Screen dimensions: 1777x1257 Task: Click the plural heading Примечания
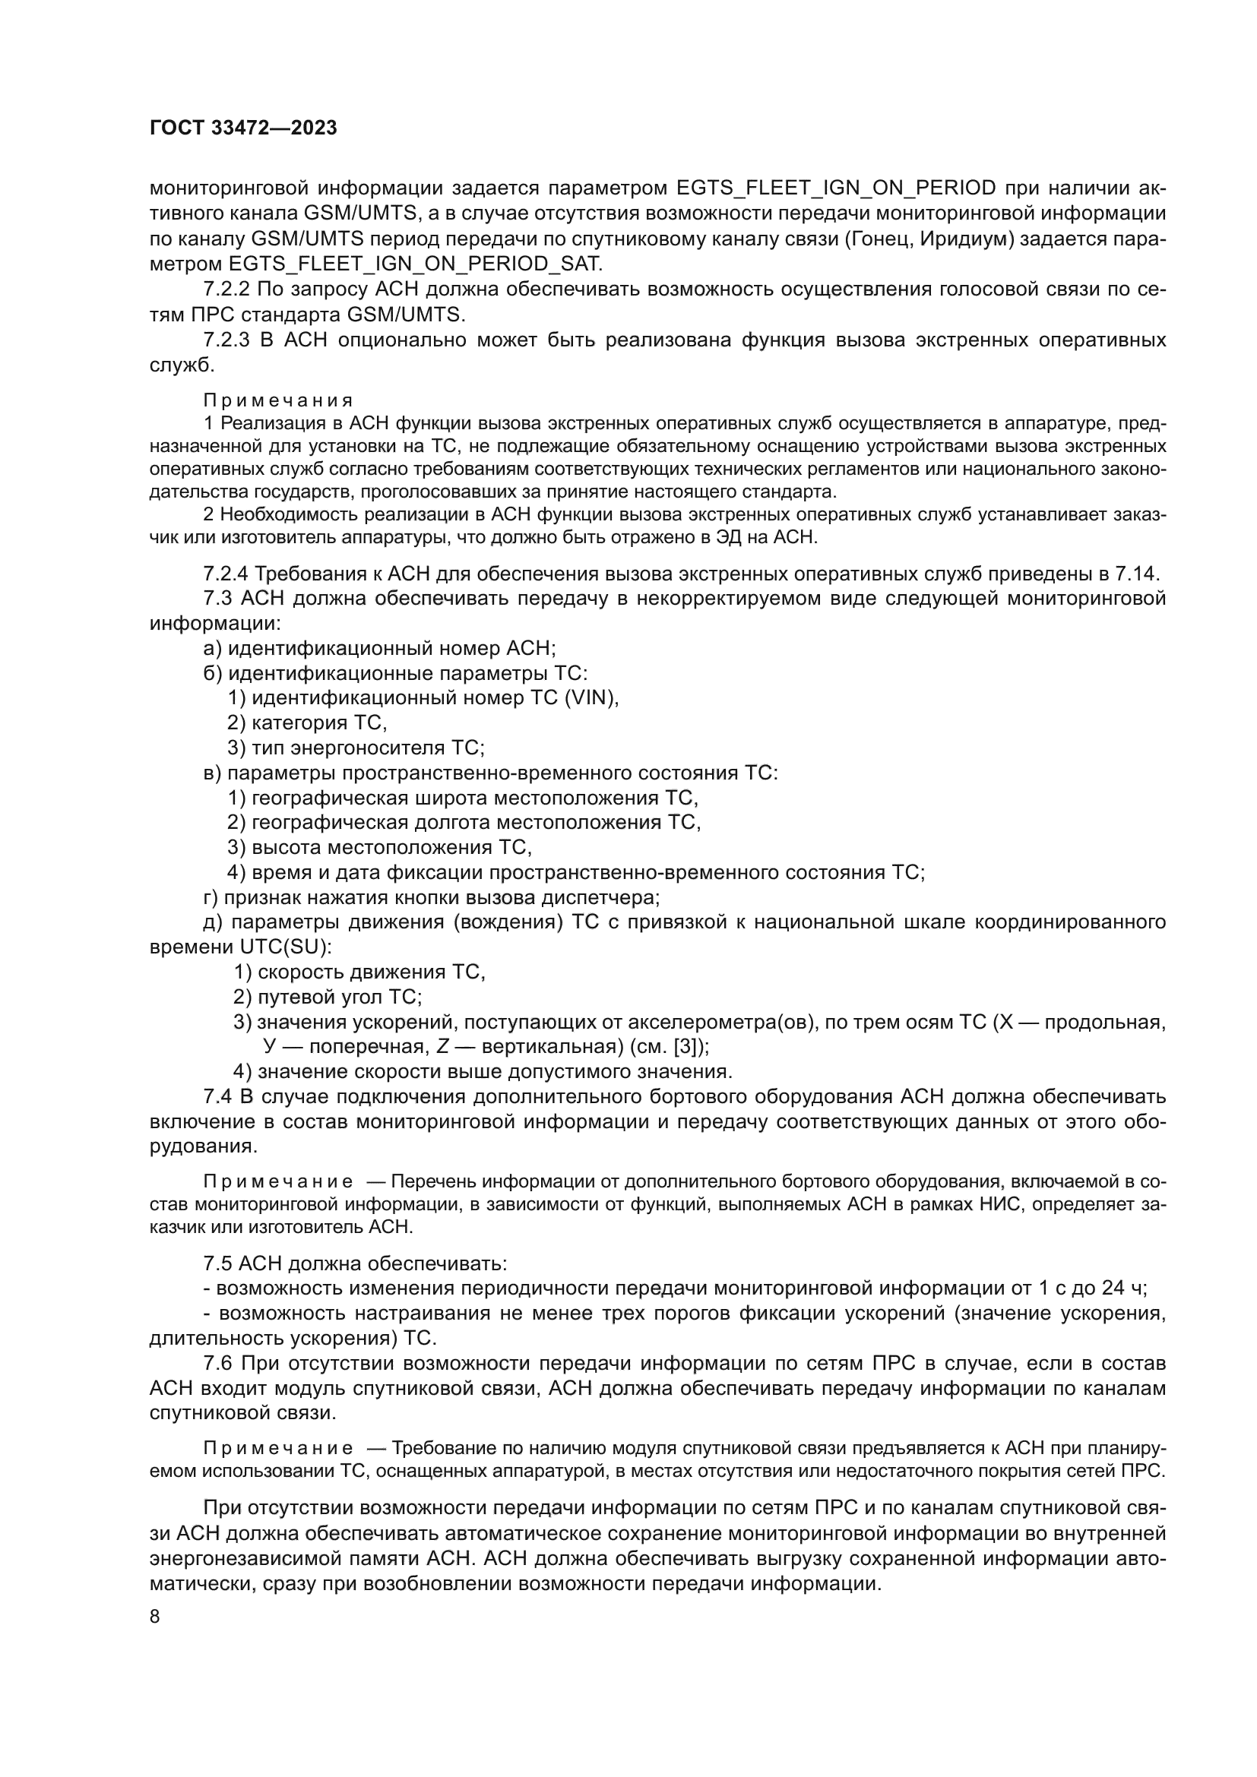point(278,400)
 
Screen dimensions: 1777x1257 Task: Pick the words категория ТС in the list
point(318,722)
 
